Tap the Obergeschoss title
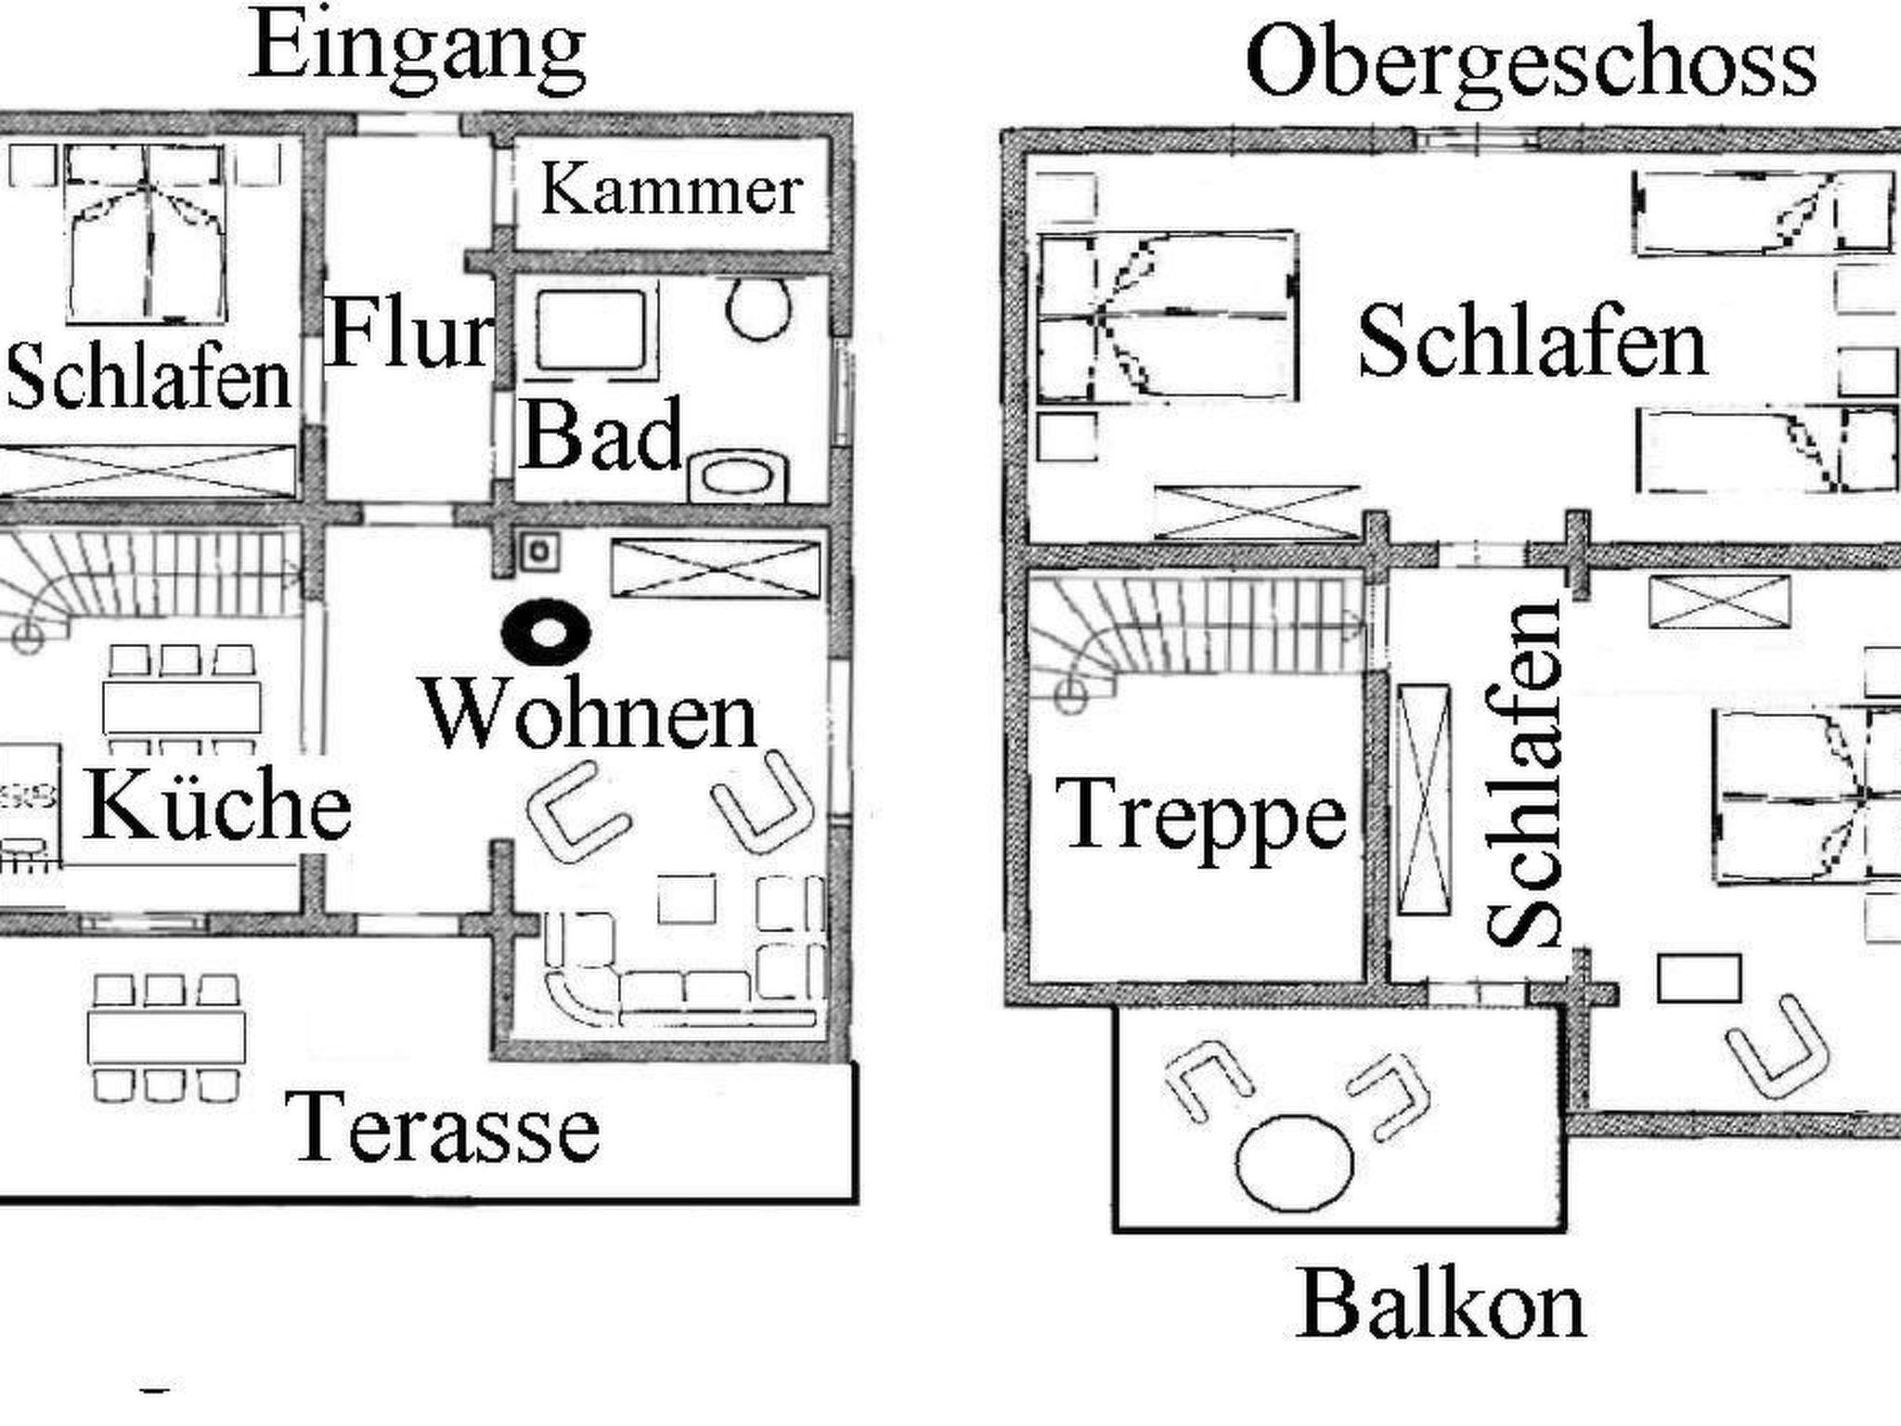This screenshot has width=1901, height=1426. coord(1531,63)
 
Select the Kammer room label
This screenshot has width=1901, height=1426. coord(671,190)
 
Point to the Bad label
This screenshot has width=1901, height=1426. coord(601,434)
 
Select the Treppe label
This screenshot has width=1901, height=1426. coord(1201,815)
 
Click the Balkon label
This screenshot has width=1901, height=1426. coord(1441,1304)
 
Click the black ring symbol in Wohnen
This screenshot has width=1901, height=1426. coord(546,633)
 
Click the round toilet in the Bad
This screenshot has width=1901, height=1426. coord(759,307)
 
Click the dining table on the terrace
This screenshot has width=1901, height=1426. coord(167,1037)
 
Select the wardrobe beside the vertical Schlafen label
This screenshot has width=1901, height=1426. coord(1424,799)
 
